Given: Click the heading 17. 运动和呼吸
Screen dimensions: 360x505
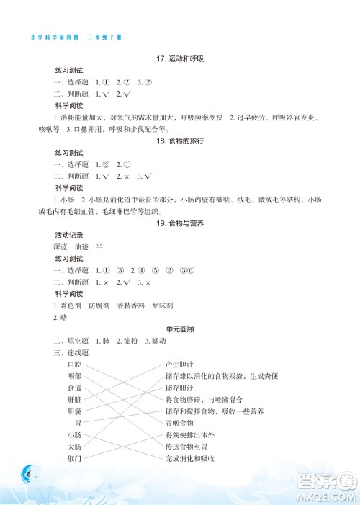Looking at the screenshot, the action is coord(180,58).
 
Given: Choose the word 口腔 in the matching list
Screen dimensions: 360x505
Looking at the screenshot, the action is coord(74,365).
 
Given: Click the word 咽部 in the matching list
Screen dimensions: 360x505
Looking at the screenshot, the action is coord(74,376).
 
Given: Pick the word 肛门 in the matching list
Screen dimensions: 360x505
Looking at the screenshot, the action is coord(74,458).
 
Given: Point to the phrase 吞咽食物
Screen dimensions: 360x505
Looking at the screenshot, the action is coord(179,423).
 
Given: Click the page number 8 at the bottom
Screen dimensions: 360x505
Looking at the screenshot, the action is coord(27,473).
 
